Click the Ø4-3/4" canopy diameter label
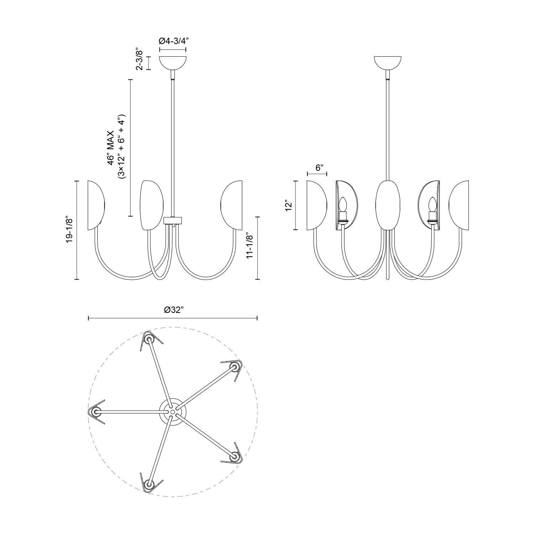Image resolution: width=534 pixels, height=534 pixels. click(173, 41)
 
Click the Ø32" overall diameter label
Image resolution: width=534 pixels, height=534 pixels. click(174, 310)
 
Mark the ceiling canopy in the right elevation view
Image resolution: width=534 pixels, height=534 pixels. click(388, 62)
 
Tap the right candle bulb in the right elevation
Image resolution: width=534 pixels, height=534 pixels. click(432, 205)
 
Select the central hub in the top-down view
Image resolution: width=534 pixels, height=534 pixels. click(172, 412)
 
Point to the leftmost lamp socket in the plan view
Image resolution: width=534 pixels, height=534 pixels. click(95, 412)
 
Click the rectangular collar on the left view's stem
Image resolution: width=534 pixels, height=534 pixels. click(173, 220)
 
